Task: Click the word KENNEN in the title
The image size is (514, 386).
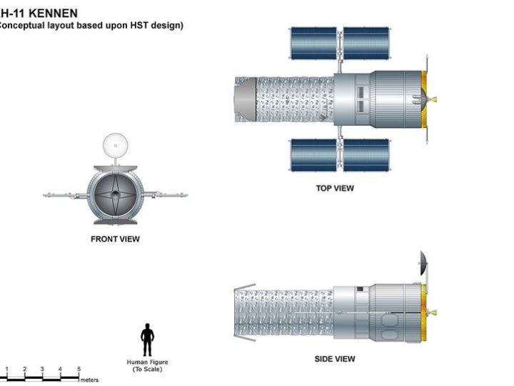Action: (x=53, y=13)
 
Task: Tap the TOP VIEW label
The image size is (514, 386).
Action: (x=335, y=188)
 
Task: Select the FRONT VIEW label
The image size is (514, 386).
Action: (x=115, y=239)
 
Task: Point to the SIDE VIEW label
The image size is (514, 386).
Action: (x=335, y=359)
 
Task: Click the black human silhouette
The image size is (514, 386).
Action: (x=147, y=340)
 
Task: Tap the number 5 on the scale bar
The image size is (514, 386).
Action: (x=79, y=369)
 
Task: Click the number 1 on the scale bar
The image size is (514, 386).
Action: (x=6, y=369)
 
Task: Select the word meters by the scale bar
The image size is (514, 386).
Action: (x=89, y=380)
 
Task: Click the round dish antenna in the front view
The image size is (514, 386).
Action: (x=116, y=145)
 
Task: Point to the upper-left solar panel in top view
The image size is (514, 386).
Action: (x=313, y=44)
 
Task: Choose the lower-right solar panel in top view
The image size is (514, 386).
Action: (x=366, y=155)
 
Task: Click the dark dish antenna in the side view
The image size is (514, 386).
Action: (x=423, y=263)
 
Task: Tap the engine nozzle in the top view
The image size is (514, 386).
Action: (x=433, y=99)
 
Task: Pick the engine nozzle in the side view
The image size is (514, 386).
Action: (x=433, y=313)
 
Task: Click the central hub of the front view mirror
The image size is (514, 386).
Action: (x=115, y=195)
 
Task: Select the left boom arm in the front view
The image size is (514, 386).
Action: (x=65, y=196)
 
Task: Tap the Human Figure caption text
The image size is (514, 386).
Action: (x=147, y=366)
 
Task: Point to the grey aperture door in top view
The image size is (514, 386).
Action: (x=246, y=99)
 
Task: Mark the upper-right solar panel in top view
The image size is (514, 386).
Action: (x=366, y=44)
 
